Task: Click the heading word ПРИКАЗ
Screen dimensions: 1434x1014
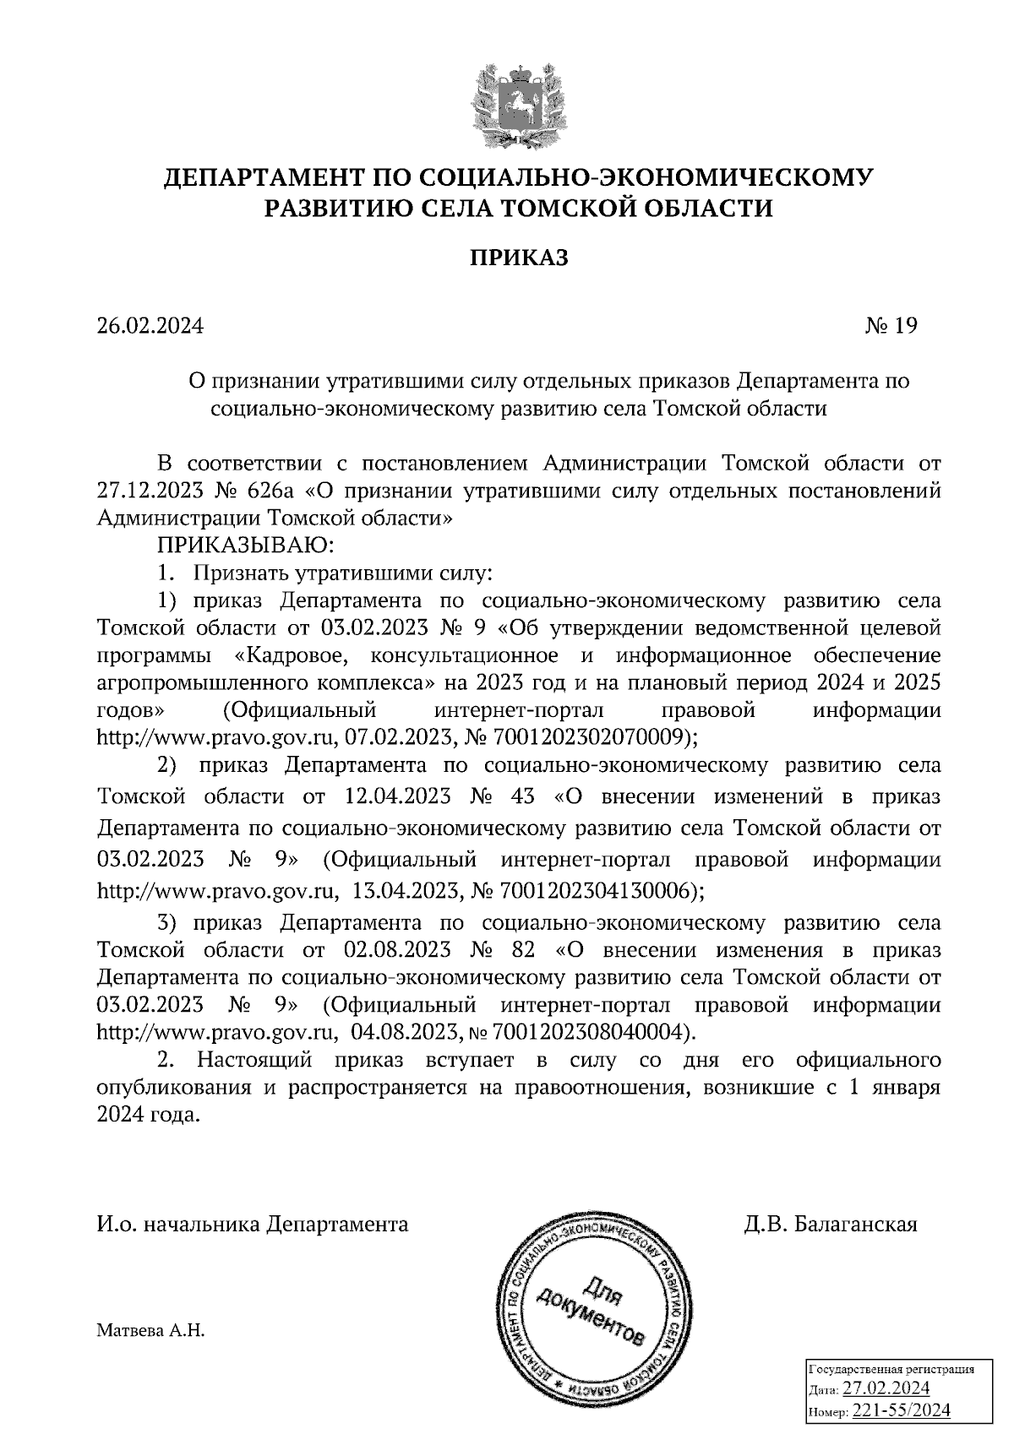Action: tap(519, 258)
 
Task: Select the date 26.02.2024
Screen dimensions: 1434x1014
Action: tap(150, 326)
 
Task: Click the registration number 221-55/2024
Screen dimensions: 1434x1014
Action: tap(901, 1410)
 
